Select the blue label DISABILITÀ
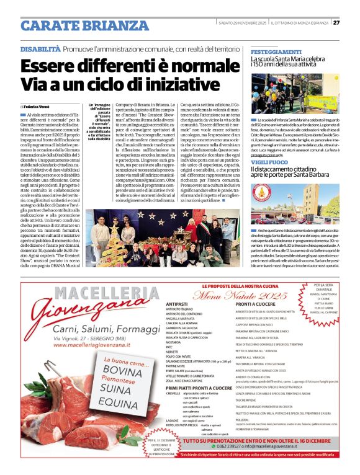[x=40, y=48]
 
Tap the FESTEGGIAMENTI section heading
[x=276, y=51]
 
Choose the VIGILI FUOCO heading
[x=271, y=161]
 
